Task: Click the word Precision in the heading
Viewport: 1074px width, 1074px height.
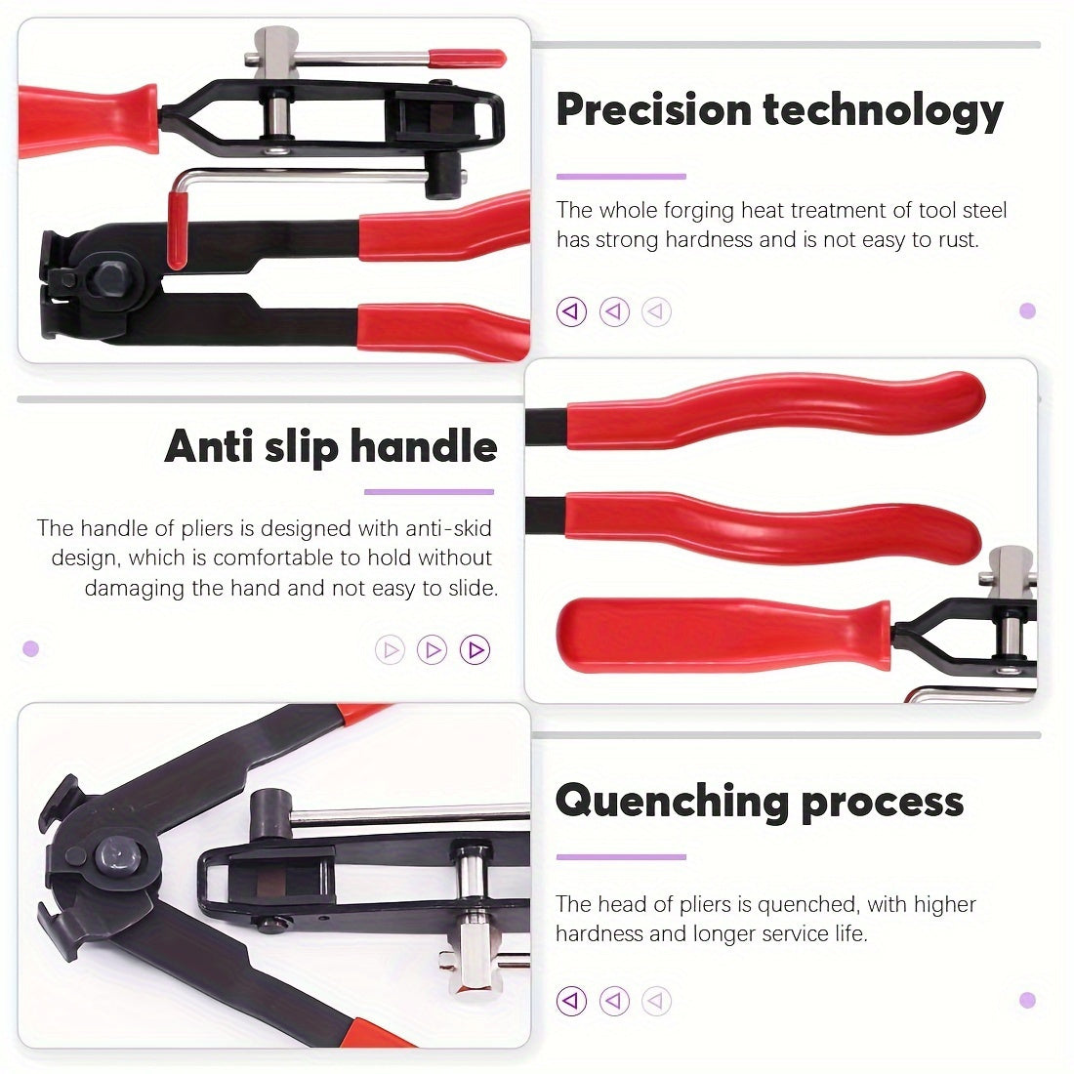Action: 654,109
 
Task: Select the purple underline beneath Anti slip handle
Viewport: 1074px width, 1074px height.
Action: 429,492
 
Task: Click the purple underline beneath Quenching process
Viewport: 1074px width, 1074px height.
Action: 621,857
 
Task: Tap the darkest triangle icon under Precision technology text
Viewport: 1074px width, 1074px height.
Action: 571,311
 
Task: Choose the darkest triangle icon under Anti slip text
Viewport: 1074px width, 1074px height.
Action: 475,649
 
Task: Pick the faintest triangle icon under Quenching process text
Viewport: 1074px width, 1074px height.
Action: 656,1001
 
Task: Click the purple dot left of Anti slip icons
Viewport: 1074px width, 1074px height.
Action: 31,648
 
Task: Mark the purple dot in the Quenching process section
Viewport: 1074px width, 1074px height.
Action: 1027,1000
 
